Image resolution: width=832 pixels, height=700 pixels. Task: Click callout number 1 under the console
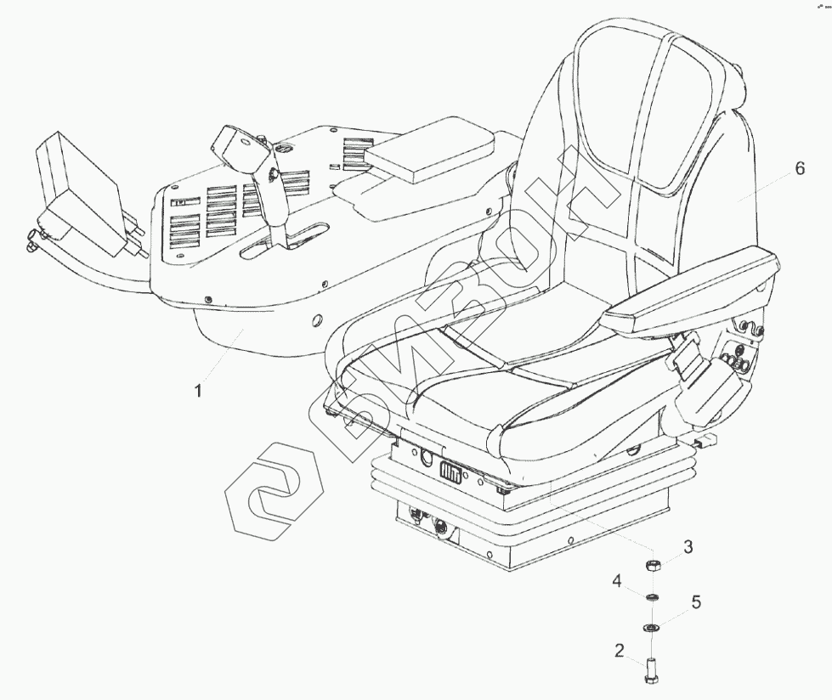(198, 392)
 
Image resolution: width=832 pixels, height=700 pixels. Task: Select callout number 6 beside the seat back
(799, 168)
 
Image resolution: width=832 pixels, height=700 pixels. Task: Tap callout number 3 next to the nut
(688, 547)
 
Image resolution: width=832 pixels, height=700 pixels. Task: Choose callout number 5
(695, 602)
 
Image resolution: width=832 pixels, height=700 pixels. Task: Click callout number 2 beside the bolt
(620, 652)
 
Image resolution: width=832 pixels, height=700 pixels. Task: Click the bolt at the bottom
(652, 668)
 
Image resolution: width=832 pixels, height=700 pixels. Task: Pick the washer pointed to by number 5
(652, 628)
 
